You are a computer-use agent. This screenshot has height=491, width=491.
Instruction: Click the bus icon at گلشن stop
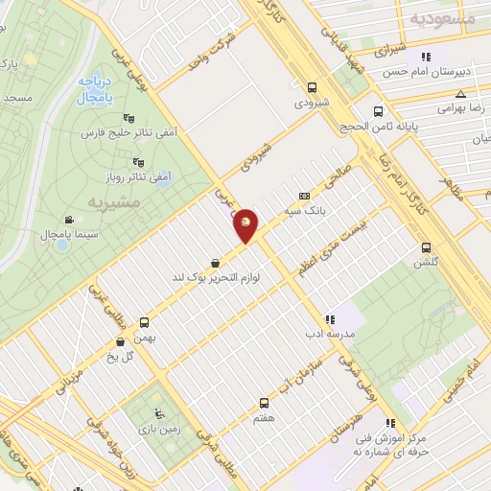[426, 247]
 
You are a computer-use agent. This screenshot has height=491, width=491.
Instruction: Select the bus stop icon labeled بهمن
[145, 322]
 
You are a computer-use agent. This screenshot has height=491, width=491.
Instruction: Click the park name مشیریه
[114, 202]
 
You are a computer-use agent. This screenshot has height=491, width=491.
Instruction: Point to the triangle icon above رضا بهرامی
[461, 94]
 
